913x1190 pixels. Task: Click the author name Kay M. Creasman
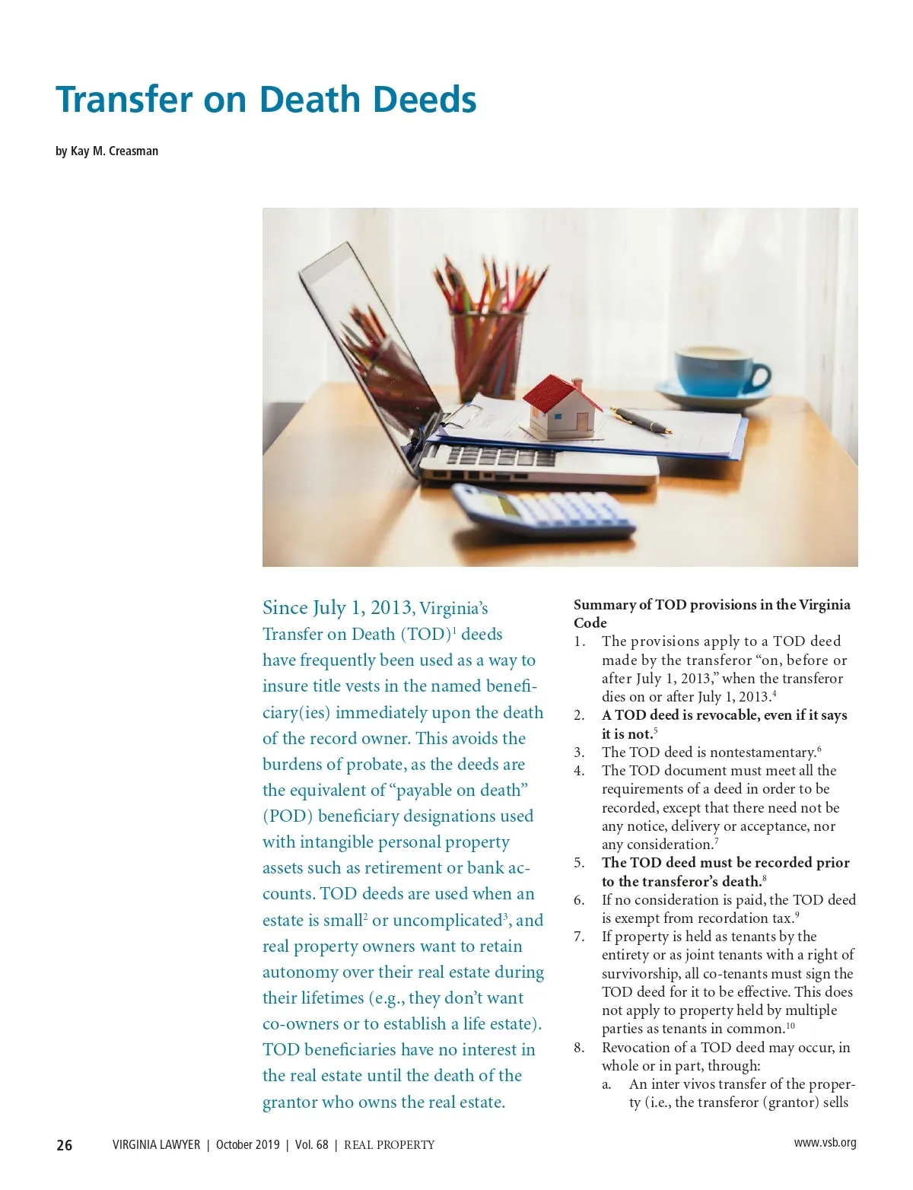tap(114, 151)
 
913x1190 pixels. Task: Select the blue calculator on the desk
tap(544, 512)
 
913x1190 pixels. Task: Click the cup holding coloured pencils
tap(486, 350)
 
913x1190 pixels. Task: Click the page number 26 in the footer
tap(65, 1145)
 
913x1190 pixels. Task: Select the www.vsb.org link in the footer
tap(825, 1143)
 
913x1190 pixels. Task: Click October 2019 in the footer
tap(247, 1145)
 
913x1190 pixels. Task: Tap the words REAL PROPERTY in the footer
tap(389, 1145)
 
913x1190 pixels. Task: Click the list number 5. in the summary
tap(579, 863)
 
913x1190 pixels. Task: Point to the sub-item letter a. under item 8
tap(607, 1084)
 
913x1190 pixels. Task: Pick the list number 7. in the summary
tap(579, 937)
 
